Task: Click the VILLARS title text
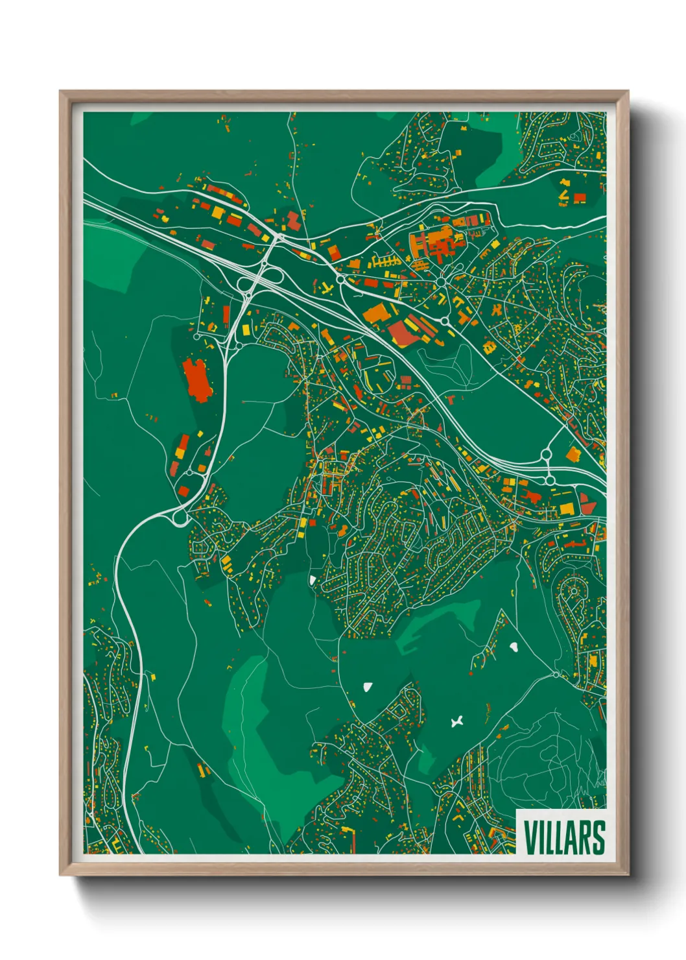[x=563, y=837]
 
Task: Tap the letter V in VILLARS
[x=530, y=837]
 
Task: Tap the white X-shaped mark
[x=457, y=721]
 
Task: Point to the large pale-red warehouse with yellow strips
[x=403, y=332]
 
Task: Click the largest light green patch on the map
[x=272, y=733]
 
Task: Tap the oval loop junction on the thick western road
[x=179, y=518]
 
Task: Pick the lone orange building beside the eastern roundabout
[x=573, y=454]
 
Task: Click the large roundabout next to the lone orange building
[x=546, y=455]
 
